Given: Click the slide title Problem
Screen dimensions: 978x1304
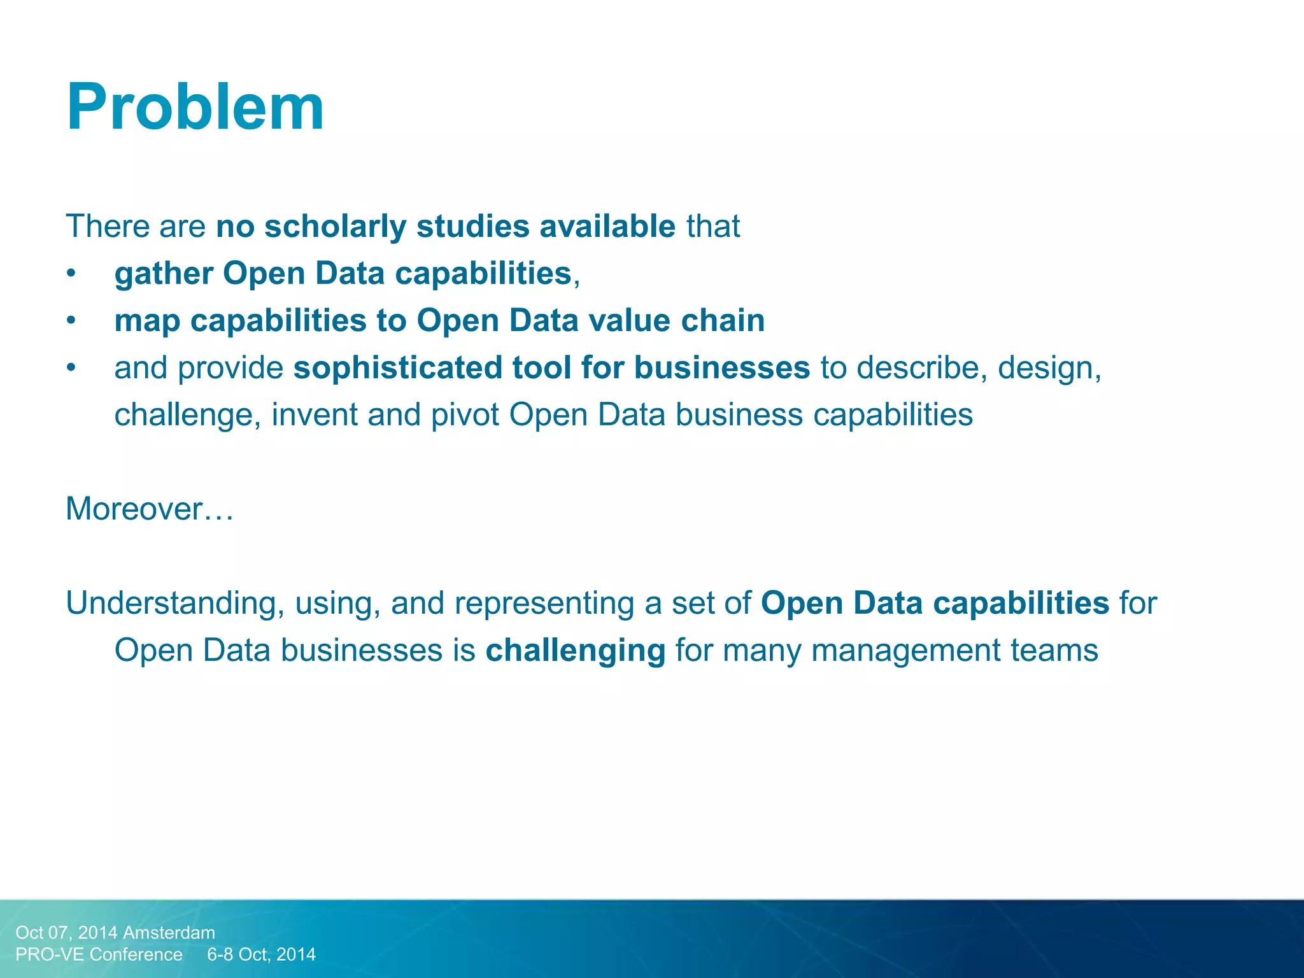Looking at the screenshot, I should (195, 107).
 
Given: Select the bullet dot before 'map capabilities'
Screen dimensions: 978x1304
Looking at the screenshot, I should (71, 321).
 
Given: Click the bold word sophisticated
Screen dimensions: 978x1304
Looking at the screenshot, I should (397, 368).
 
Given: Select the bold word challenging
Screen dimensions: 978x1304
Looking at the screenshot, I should (575, 651).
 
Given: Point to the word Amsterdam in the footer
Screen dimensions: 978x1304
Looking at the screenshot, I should (169, 932).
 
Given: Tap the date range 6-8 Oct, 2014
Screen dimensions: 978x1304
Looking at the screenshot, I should (261, 954).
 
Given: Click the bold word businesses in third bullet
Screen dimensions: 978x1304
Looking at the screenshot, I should (721, 368).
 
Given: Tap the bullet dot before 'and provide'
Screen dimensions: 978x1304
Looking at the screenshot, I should (71, 368).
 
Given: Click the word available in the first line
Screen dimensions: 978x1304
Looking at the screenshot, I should (607, 227).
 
